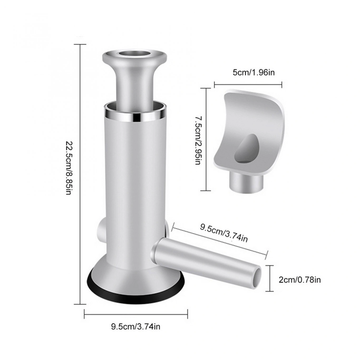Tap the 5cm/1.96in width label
(254, 73)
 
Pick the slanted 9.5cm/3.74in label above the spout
(224, 233)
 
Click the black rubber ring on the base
(136, 294)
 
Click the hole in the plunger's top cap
(134, 54)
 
